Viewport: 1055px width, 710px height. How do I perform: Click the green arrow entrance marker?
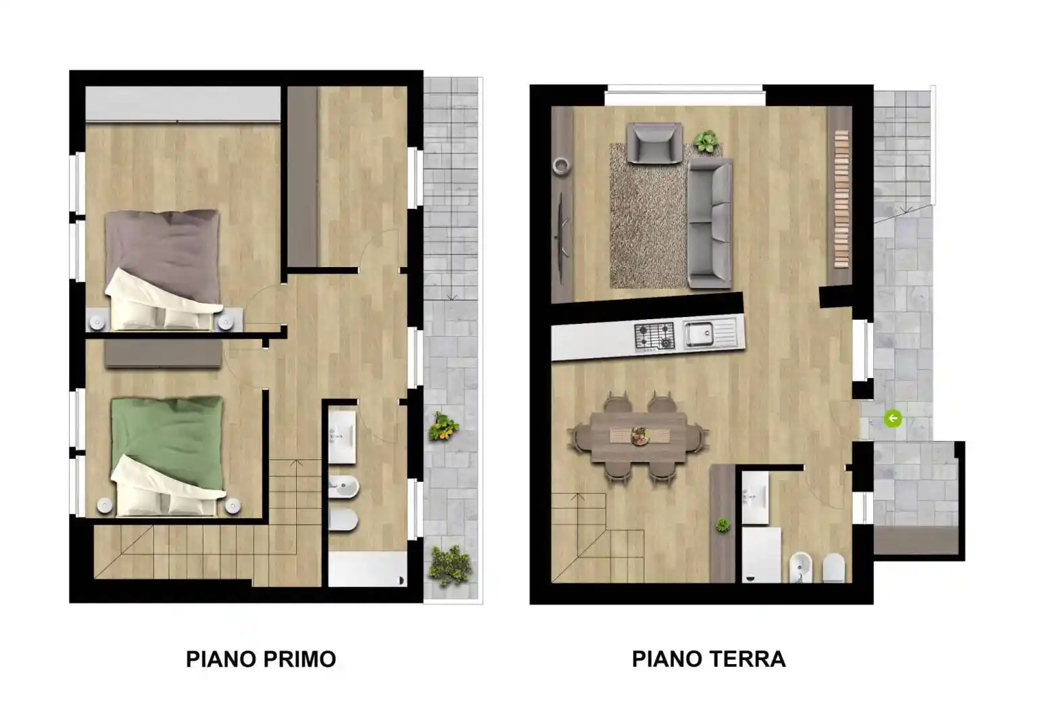coord(892,419)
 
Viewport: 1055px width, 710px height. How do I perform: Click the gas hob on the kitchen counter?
coord(654,335)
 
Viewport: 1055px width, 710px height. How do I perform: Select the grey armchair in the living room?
coord(654,143)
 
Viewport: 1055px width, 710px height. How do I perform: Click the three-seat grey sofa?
coord(710,223)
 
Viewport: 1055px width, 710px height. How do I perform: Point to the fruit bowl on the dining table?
coord(639,436)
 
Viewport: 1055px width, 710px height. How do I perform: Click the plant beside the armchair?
coord(706,142)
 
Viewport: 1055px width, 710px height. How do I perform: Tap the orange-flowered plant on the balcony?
coord(443,427)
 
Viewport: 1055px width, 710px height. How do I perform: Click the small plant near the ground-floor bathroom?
coord(722,525)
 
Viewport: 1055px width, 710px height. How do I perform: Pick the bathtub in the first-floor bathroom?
coord(367,569)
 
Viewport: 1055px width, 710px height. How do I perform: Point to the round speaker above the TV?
coord(560,165)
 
